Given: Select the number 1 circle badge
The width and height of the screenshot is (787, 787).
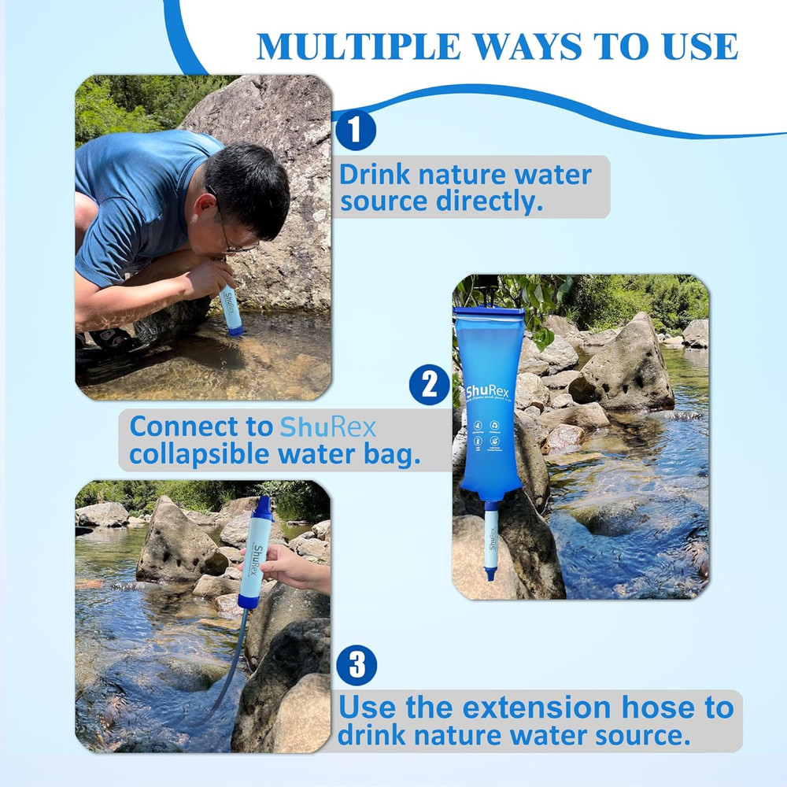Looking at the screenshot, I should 356,131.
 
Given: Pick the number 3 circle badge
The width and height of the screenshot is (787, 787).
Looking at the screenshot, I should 357,667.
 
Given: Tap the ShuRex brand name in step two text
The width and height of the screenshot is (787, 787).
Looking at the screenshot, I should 328,427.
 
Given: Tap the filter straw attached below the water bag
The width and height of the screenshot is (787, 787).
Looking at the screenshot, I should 491,543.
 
